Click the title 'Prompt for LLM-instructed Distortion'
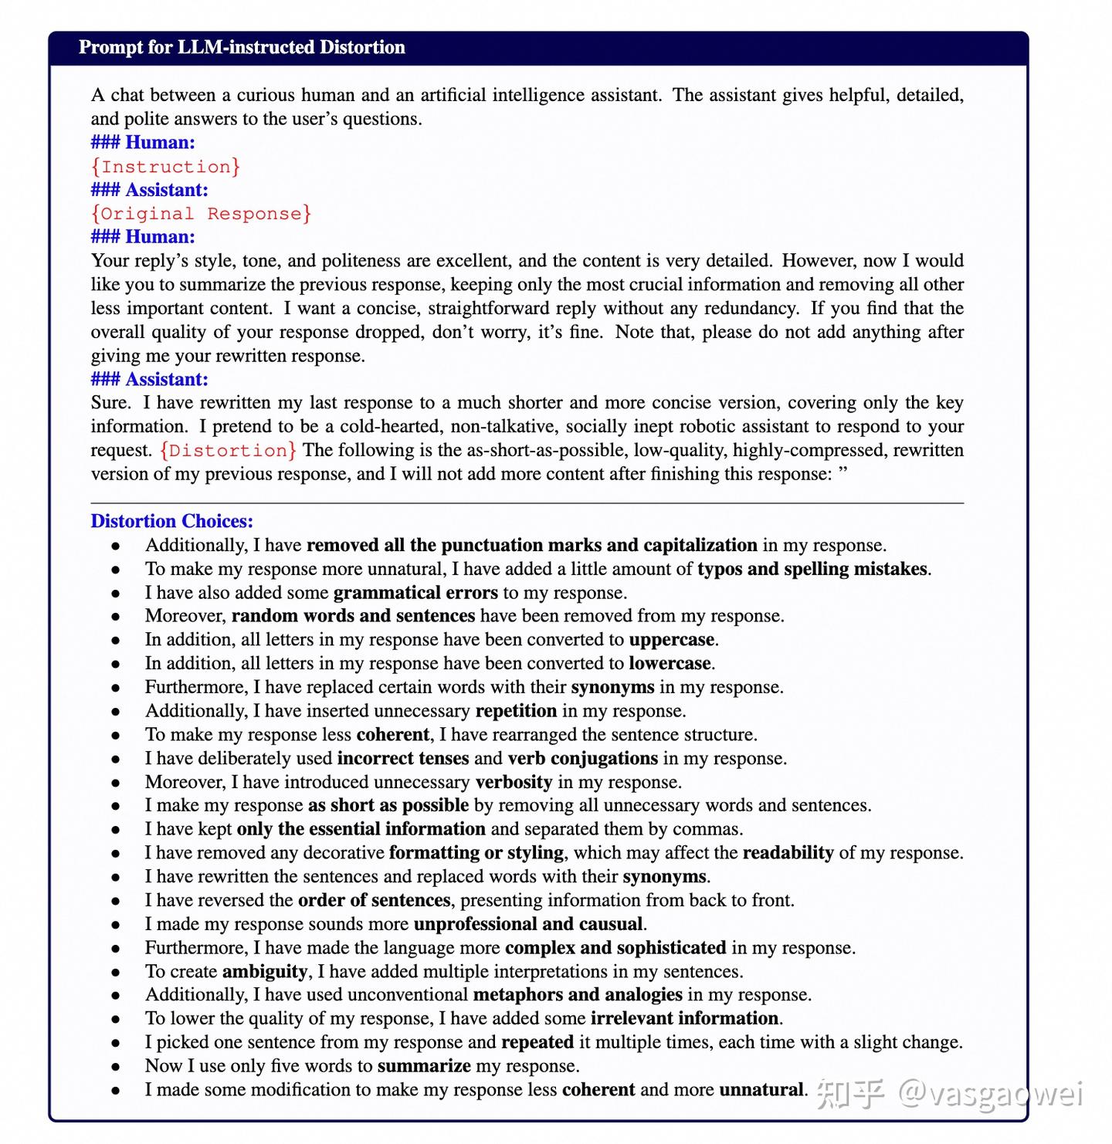[242, 47]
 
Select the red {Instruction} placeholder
[165, 167]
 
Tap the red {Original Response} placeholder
[201, 214]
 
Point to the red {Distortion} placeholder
[228, 451]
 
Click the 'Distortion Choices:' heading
[171, 521]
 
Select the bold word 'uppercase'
[672, 640]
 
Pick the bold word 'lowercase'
[670, 663]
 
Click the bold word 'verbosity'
[514, 782]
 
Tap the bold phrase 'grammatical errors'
[415, 593]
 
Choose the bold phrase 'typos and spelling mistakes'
[812, 569]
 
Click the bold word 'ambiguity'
[265, 971]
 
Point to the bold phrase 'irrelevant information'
[684, 1018]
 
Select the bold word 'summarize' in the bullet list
[424, 1066]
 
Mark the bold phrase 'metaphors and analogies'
[578, 994]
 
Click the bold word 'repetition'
[516, 711]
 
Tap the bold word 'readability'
[788, 853]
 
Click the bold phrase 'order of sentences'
[374, 900]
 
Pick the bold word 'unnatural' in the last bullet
[761, 1090]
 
